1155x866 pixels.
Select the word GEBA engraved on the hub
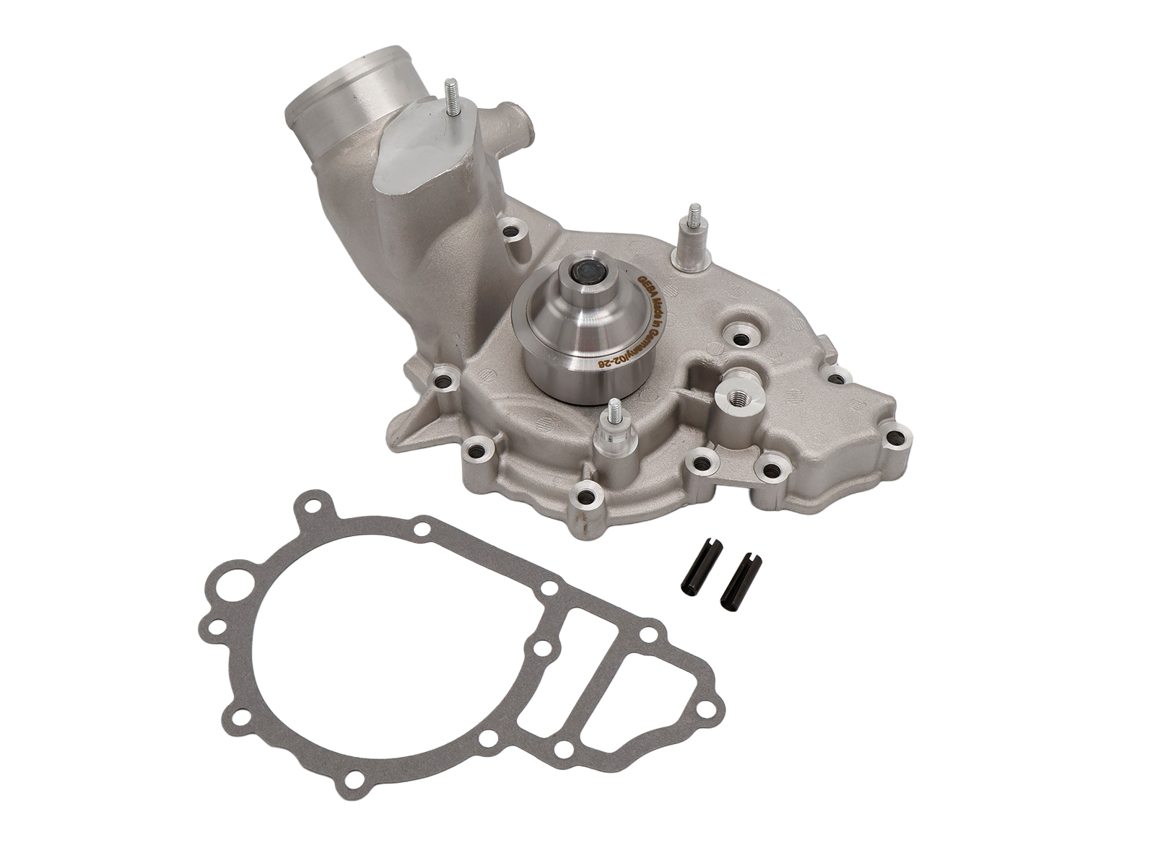click(645, 287)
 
